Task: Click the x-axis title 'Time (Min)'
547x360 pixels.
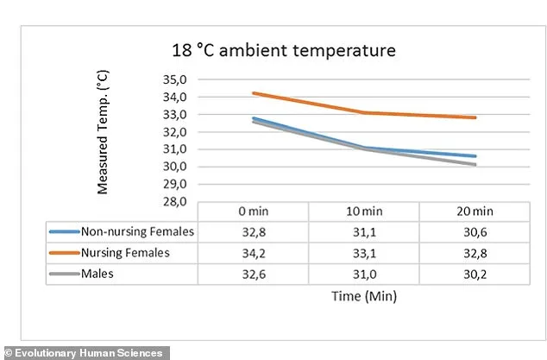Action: click(364, 295)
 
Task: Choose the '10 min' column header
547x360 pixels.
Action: click(364, 212)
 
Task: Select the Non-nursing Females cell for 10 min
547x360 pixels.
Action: click(364, 231)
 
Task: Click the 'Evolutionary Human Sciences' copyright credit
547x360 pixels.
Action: click(84, 352)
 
